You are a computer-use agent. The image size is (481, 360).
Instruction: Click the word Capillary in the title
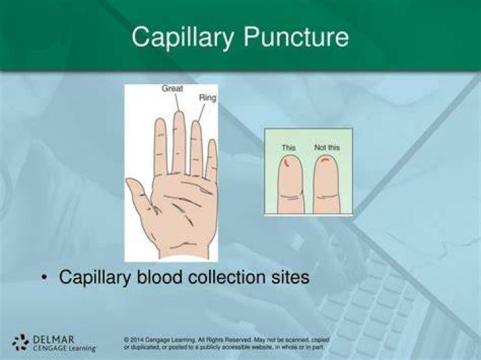(182, 37)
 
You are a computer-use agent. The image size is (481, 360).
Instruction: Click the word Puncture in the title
(296, 37)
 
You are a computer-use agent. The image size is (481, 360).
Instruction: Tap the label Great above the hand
(172, 88)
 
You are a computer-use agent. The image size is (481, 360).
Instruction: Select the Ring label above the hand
(208, 98)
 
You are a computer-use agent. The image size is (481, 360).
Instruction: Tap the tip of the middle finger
(179, 113)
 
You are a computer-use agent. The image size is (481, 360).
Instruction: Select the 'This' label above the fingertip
(289, 148)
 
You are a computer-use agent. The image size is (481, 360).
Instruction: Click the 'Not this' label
(327, 148)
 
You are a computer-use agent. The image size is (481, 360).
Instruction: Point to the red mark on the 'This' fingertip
(286, 162)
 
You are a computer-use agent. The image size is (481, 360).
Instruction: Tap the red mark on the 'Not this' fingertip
(325, 159)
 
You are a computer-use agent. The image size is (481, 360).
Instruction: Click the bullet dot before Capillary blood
(45, 277)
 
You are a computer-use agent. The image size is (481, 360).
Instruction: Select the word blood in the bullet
(159, 277)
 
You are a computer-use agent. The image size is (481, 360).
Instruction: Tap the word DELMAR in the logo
(53, 340)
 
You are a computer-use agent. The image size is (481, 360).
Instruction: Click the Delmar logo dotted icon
(21, 342)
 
